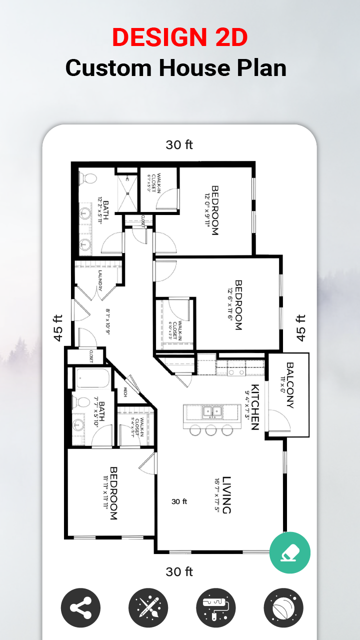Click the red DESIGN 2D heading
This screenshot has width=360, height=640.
pyautogui.click(x=179, y=37)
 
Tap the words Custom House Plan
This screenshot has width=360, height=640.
pyautogui.click(x=176, y=67)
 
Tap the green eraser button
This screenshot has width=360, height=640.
pyautogui.click(x=290, y=552)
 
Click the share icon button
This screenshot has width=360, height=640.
pyautogui.click(x=80, y=608)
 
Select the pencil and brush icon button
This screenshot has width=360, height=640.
pyautogui.click(x=148, y=608)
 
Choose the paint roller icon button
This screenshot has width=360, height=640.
pyautogui.click(x=216, y=608)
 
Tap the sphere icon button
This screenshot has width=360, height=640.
pyautogui.click(x=283, y=608)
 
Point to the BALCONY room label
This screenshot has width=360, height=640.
pyautogui.click(x=289, y=385)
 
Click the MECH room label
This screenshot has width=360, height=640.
pyautogui.click(x=125, y=391)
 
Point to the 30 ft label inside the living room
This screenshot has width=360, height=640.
pyautogui.click(x=179, y=501)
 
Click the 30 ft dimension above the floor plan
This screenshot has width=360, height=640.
pyautogui.click(x=179, y=145)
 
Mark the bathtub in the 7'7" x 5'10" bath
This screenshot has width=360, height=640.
pyautogui.click(x=92, y=378)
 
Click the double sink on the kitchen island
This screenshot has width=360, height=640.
pyautogui.click(x=212, y=412)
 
